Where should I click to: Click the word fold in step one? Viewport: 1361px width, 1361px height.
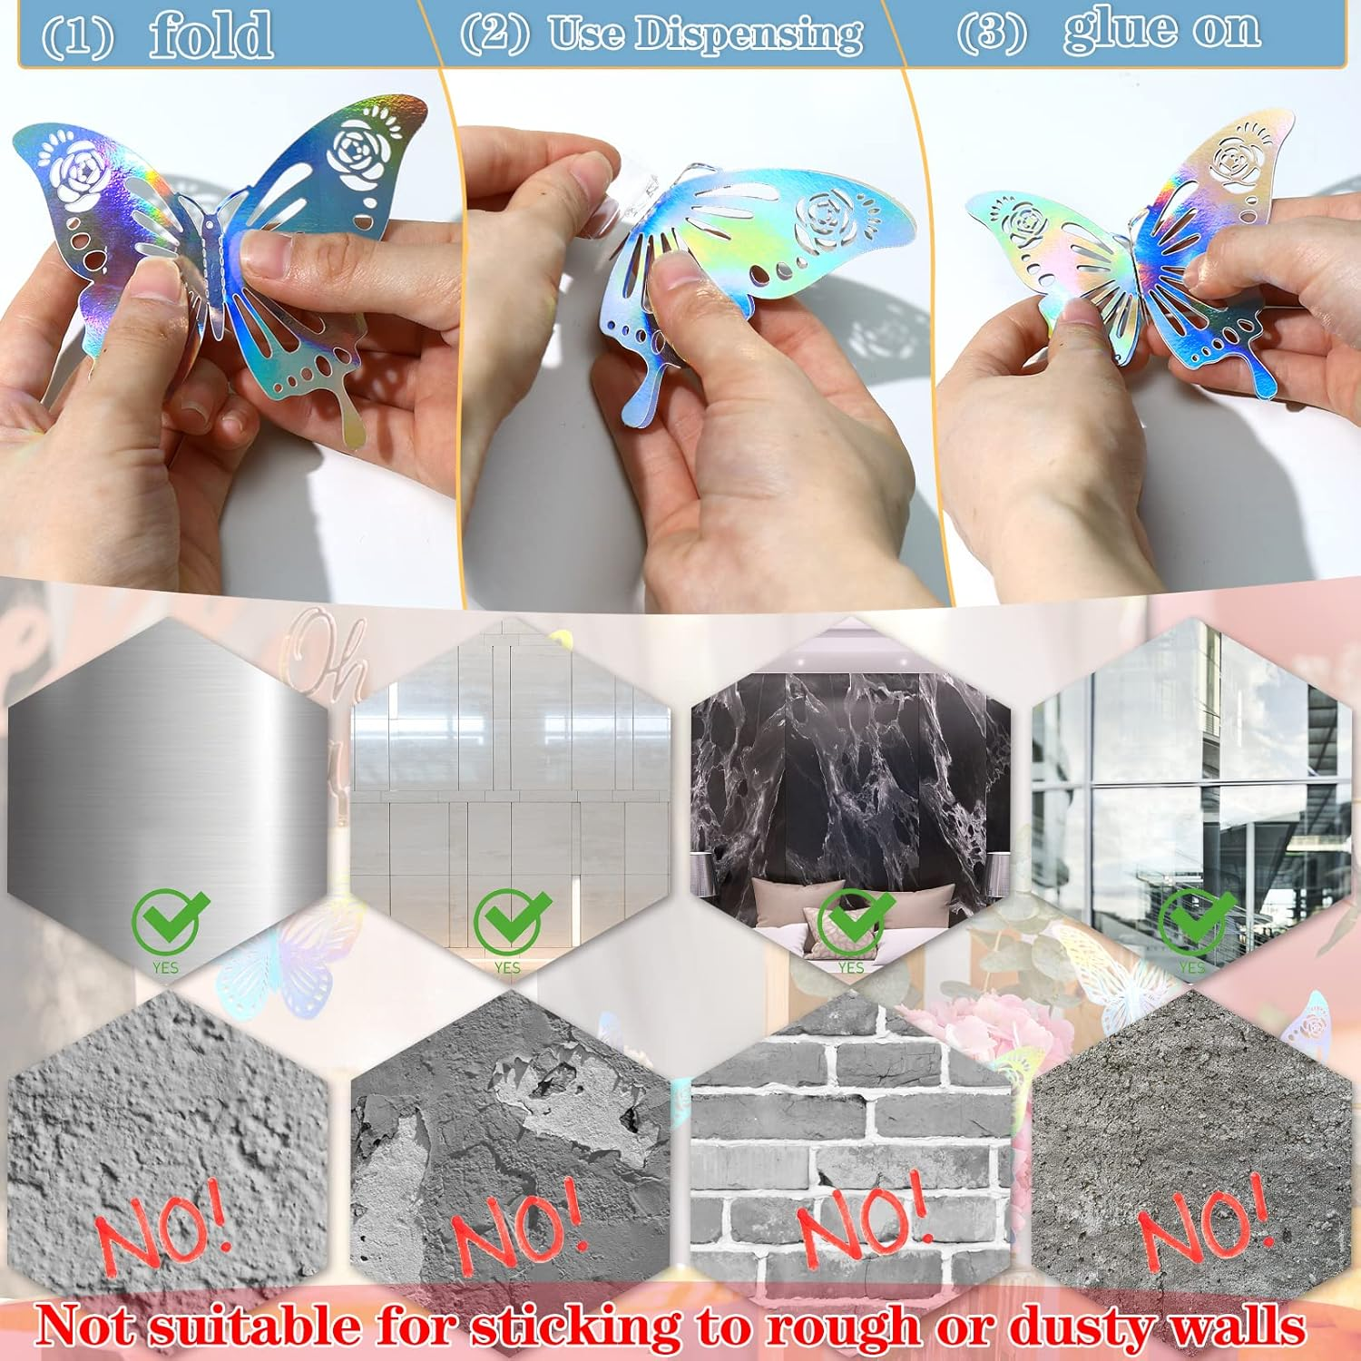click(x=211, y=34)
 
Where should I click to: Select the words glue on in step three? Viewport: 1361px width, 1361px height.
click(x=1161, y=29)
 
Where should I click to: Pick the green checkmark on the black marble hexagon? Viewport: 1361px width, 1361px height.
click(x=853, y=919)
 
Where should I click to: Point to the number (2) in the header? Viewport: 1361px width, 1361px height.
click(x=494, y=34)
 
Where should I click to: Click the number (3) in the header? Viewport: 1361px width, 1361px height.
click(x=991, y=33)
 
